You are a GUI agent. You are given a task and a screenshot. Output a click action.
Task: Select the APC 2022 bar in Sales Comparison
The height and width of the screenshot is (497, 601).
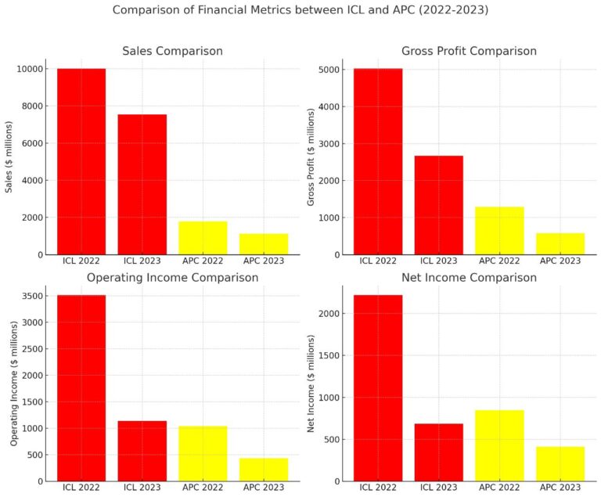203,238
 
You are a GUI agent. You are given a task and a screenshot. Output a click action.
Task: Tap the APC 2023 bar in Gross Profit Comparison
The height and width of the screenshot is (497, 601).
560,243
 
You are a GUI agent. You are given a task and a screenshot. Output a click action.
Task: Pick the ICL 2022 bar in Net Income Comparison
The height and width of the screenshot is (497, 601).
378,387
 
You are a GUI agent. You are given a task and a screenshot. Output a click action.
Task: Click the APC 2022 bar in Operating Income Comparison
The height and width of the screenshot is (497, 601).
203,453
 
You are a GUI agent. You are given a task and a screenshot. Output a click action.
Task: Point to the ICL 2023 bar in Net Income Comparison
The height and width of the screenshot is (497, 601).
438,452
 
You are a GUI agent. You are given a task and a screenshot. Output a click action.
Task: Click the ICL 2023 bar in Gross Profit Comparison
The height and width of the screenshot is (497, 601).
438,205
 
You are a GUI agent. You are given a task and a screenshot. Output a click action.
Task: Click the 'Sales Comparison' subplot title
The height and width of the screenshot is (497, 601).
172,51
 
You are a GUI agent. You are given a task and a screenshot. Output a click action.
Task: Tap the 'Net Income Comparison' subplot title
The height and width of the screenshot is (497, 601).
469,278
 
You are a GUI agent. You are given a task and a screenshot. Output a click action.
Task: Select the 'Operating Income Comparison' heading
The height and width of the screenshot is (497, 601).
172,278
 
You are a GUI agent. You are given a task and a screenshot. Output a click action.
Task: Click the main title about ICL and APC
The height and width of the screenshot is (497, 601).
300,10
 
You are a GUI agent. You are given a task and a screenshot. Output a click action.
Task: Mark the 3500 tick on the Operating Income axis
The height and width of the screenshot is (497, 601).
29,296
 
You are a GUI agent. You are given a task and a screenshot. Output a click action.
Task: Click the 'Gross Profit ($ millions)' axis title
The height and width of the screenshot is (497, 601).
311,157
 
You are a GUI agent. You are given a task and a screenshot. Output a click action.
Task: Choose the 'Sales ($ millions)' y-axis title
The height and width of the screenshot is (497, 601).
9,157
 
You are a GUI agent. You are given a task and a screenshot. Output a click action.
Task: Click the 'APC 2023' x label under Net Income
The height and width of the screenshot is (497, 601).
560,487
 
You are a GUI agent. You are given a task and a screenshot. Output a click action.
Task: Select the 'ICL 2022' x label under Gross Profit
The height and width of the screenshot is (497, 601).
378,260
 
